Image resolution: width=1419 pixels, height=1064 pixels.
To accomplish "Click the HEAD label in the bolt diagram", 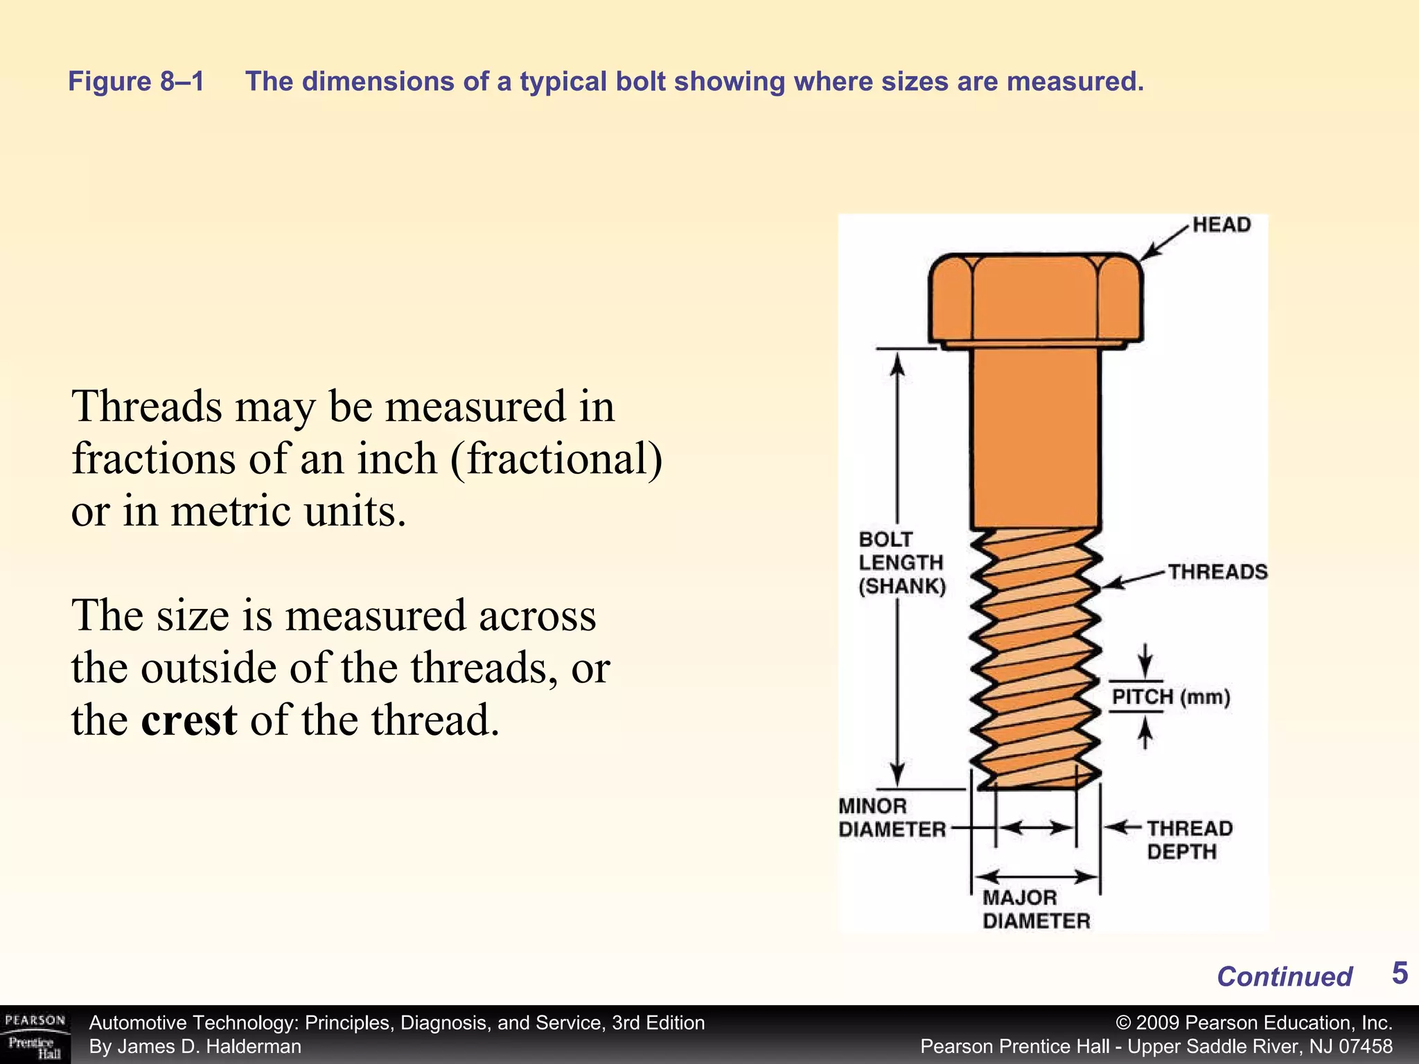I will point(1221,225).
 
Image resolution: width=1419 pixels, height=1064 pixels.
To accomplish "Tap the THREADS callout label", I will point(1217,572).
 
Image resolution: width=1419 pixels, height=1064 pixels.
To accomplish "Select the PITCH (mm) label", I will point(1171,697).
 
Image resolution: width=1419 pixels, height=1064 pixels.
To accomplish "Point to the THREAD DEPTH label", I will point(1190,840).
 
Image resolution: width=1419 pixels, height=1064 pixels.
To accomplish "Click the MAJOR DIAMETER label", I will point(1036,910).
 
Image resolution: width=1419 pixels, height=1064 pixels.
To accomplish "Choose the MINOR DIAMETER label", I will point(892,817).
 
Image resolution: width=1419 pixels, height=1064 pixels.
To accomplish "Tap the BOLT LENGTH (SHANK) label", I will point(901,562).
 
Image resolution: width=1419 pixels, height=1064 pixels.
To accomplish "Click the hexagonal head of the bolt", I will point(1035,298).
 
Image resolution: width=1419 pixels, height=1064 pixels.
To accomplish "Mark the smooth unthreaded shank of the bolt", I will point(1035,436).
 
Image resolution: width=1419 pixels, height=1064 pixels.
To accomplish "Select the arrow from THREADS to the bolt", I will point(1134,580).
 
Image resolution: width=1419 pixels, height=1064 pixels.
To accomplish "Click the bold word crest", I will point(189,720).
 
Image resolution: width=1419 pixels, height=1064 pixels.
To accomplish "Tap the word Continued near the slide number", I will point(1284,977).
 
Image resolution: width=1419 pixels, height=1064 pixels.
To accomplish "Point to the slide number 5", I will point(1400,973).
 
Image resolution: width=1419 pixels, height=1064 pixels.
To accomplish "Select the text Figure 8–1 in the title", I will point(136,82).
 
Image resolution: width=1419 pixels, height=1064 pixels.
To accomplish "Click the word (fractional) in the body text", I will point(556,459).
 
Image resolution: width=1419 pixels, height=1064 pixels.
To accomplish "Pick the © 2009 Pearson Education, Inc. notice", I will point(1254,1023).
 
